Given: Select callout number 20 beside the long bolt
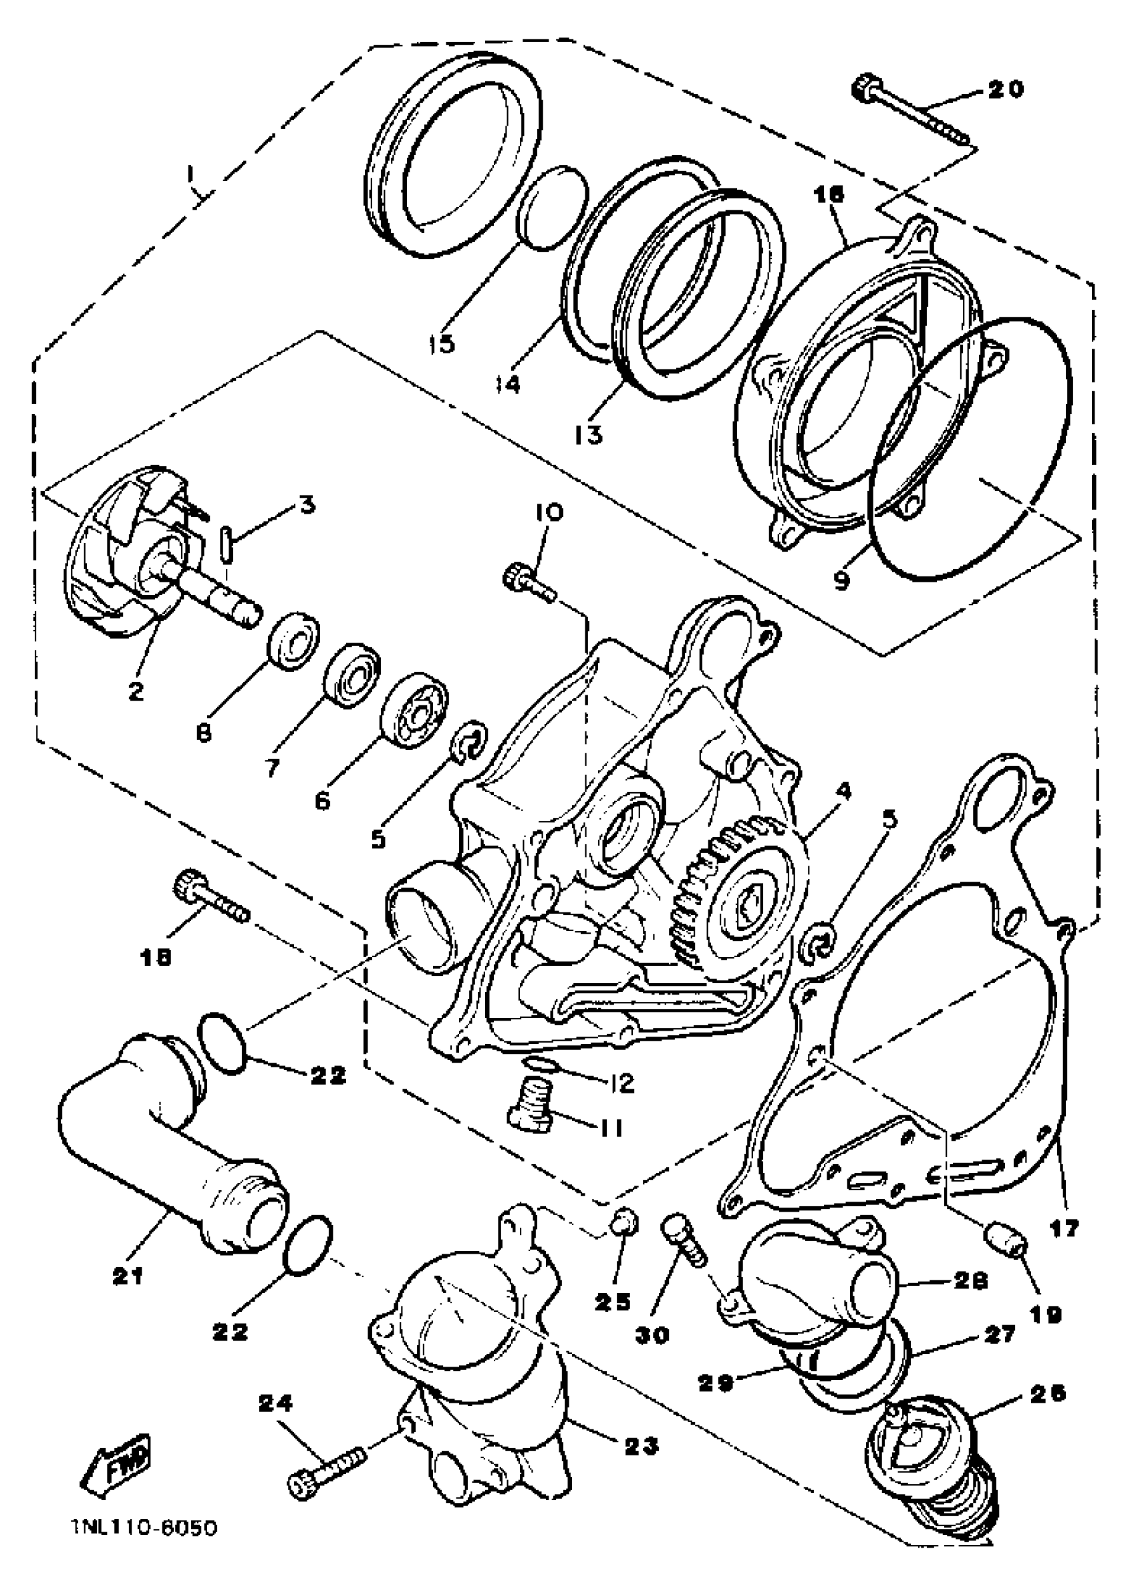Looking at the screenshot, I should click(x=1005, y=90).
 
